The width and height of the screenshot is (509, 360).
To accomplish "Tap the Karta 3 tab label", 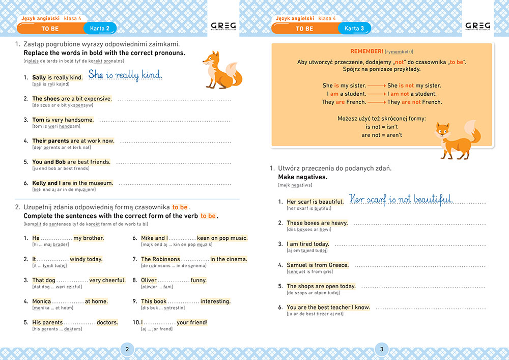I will pos(354,29).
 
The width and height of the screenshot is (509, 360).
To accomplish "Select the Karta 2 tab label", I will pos(100,29).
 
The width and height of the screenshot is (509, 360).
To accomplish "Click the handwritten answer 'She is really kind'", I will pos(125,75).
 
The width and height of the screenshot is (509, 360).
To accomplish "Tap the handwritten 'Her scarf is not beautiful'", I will pos(401,199).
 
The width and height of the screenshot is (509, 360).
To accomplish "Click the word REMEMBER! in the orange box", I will pos(366,51).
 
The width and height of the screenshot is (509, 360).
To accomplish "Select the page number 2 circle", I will pos(127,349).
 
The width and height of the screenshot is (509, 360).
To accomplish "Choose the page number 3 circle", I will pos(381,349).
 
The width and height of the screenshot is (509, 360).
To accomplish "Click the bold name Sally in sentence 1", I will pos(39,77).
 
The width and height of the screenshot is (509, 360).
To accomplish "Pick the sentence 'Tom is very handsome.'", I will pos(63,120).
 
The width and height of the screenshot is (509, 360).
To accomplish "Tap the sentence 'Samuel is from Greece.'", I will pos(318,265).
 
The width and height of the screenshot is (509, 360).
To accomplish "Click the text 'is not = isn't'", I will pos(382,127).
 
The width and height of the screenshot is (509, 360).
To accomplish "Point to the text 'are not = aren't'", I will pos(382,135).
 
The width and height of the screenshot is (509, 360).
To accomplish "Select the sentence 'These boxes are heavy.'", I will pos(317,223).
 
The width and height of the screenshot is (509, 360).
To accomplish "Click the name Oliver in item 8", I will pos(149,280).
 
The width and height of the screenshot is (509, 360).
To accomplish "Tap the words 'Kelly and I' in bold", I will pos(47,183).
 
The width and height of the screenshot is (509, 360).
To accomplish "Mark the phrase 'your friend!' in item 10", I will pos(192,322).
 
